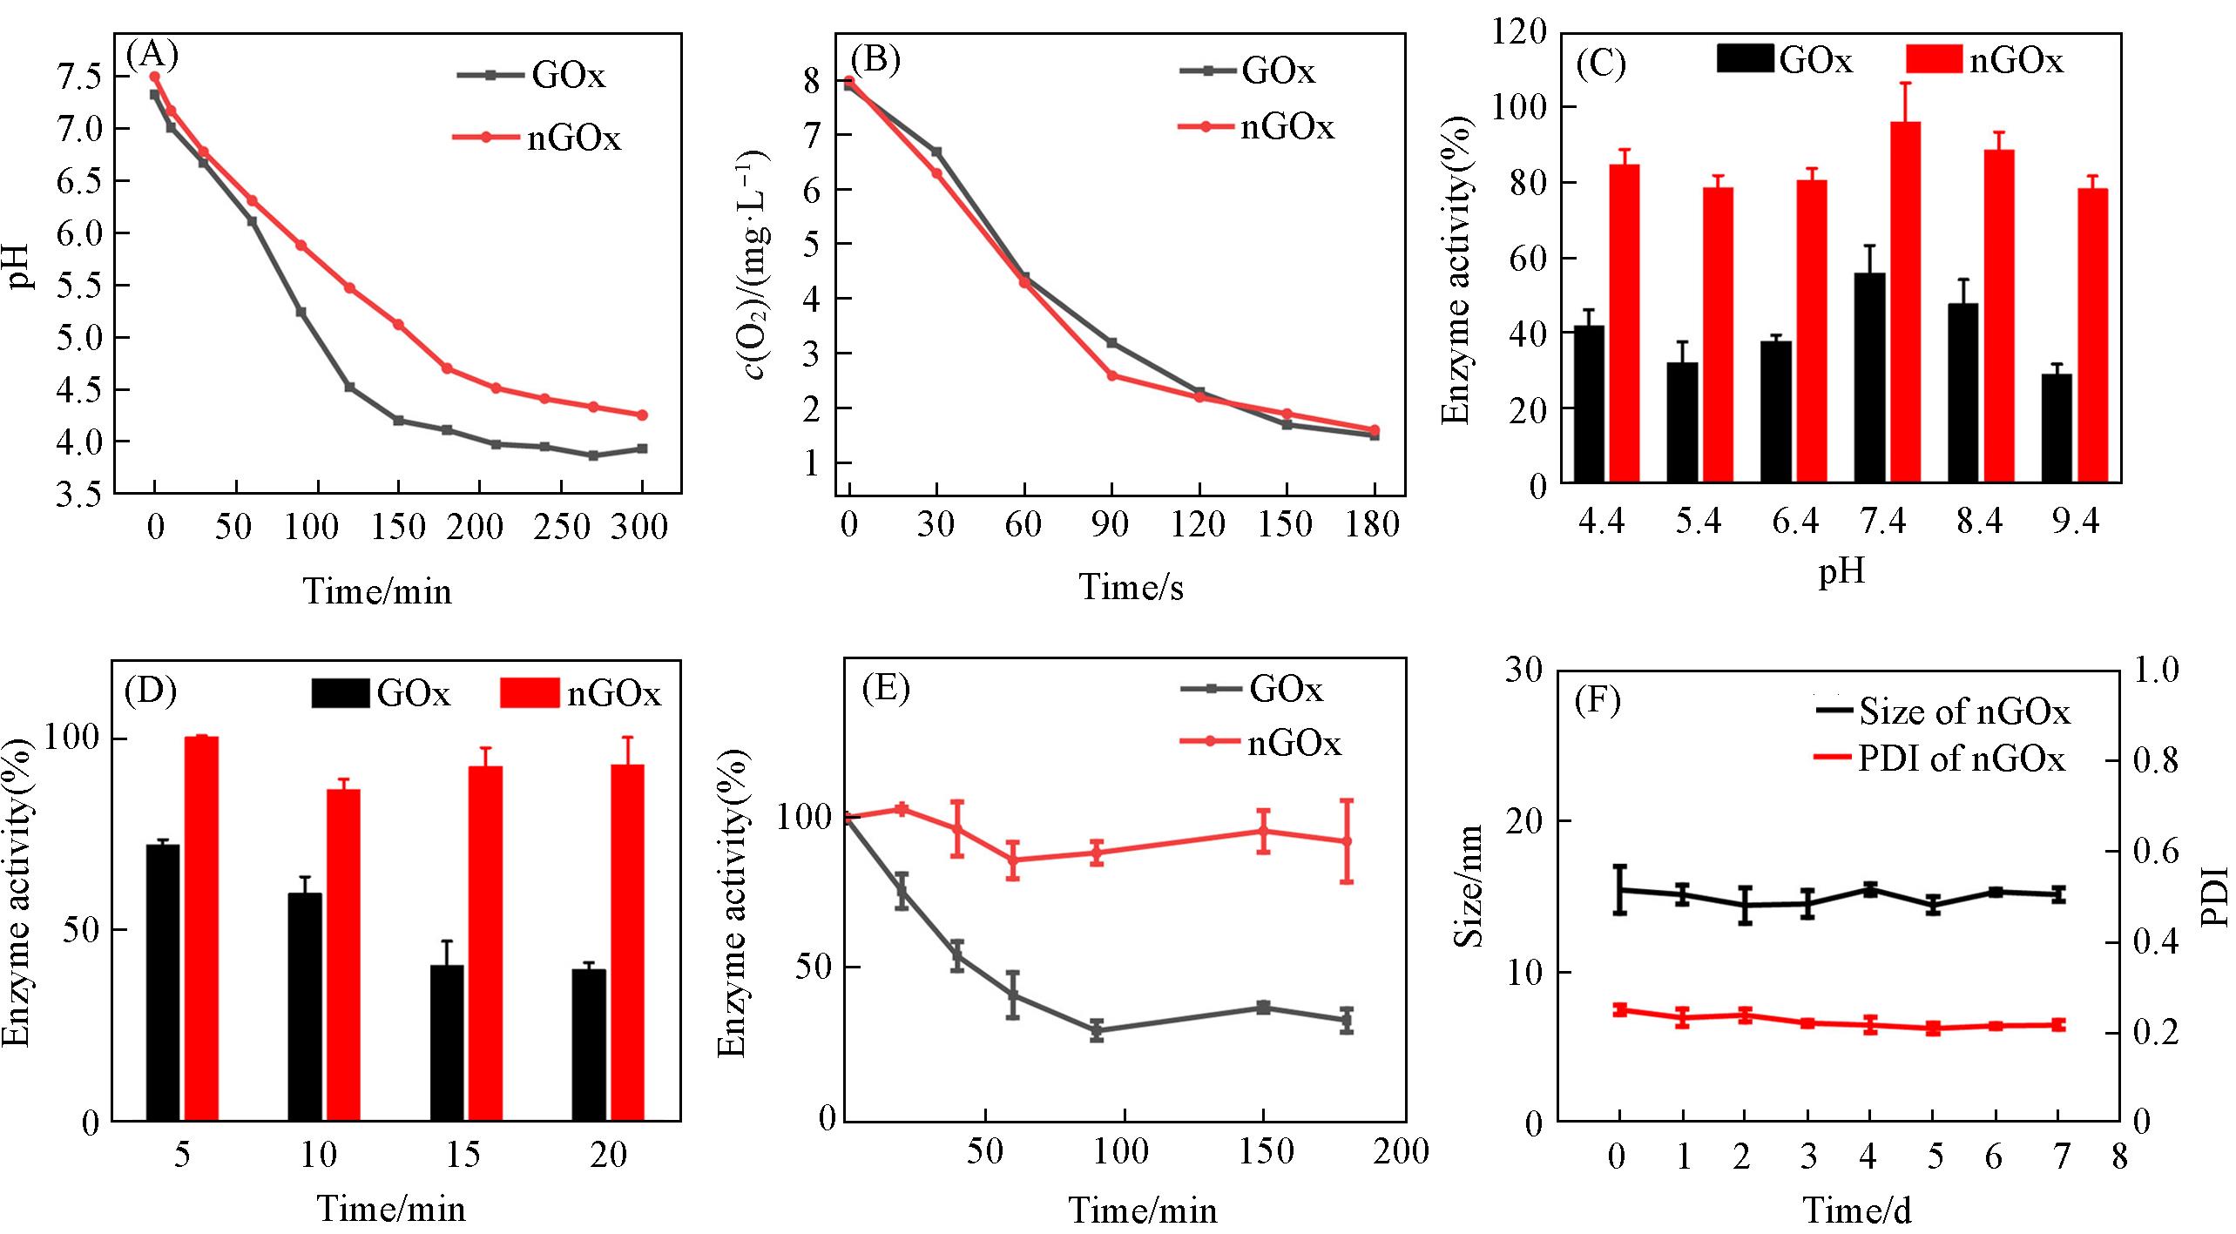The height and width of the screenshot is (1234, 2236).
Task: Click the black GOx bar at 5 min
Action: pos(163,982)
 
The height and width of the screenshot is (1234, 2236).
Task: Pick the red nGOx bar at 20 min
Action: pos(627,942)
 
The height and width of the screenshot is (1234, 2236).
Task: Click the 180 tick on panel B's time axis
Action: pos(1373,524)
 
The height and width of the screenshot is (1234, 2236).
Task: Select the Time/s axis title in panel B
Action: pos(1132,587)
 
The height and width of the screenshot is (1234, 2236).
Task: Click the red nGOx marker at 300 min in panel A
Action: pos(643,415)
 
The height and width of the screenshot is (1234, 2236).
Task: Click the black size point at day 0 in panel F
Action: pos(1620,890)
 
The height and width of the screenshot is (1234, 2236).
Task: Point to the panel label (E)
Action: pos(885,688)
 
